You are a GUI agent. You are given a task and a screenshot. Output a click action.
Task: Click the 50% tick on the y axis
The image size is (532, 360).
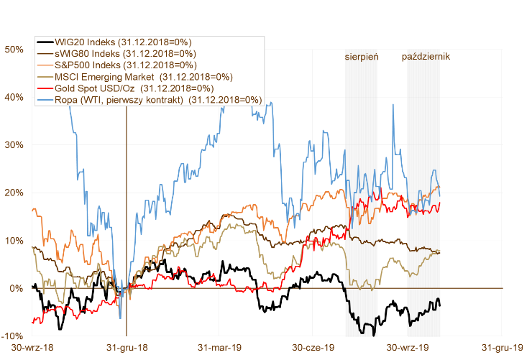pyautogui.click(x=14, y=50)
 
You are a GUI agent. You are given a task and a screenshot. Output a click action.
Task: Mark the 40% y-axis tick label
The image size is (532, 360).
pyautogui.click(x=14, y=97)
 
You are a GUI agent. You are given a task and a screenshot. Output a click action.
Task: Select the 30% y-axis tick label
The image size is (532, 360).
pyautogui.click(x=14, y=145)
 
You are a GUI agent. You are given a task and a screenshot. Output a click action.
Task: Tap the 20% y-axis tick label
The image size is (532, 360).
pyautogui.click(x=14, y=193)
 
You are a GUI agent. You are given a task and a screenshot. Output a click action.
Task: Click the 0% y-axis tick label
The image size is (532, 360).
pyautogui.click(x=17, y=288)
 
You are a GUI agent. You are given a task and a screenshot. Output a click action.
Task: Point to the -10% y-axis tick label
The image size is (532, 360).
pyautogui.click(x=13, y=336)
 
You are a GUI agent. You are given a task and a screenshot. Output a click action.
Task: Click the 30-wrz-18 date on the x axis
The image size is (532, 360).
pyautogui.click(x=32, y=348)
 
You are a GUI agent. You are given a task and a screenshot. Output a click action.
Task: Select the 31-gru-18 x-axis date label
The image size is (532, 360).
pyautogui.click(x=127, y=348)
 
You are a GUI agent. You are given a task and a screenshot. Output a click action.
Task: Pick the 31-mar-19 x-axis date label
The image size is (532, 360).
pyautogui.click(x=220, y=348)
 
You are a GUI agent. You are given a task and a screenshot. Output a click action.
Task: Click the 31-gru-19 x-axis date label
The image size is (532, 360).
pyautogui.click(x=503, y=348)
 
